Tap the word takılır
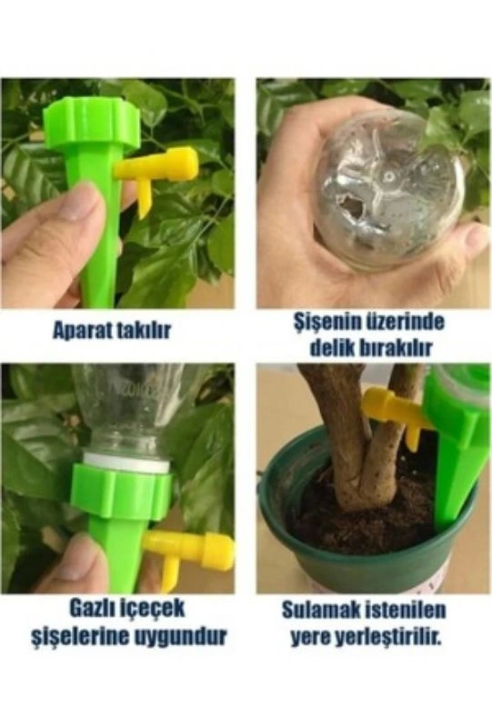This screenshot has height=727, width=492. pos(141,330)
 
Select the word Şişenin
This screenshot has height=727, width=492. pos(326,323)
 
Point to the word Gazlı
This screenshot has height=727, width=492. pos(95,609)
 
